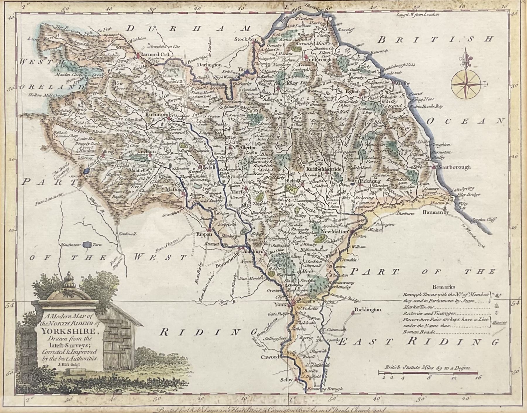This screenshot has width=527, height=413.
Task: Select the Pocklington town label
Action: [368, 309]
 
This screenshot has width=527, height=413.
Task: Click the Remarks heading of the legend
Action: [444, 287]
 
